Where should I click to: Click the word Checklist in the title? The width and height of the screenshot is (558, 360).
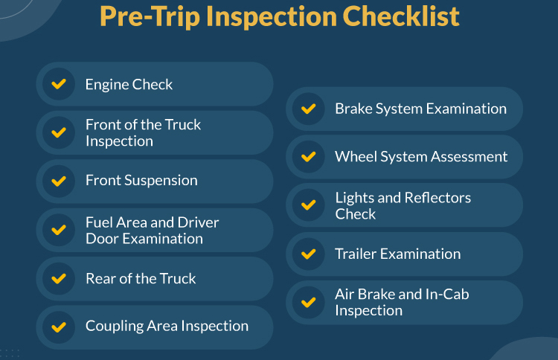point(401,16)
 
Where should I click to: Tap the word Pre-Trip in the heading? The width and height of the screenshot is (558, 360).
point(149,17)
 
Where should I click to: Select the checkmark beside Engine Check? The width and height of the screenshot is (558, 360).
point(59,84)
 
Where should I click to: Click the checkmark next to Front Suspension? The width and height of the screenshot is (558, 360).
point(59,181)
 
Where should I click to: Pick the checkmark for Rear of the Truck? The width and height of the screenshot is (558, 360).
point(59,278)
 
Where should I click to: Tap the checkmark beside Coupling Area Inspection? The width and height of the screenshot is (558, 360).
point(59,327)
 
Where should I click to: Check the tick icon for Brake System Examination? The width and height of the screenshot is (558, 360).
point(309,109)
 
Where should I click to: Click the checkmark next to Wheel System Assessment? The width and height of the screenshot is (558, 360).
point(309,156)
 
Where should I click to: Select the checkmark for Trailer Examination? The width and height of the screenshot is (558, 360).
point(309,254)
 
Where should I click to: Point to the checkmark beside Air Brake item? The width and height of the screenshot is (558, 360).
point(309,303)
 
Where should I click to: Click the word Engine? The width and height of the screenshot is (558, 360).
point(106,86)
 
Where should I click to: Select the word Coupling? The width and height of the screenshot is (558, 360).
point(114,327)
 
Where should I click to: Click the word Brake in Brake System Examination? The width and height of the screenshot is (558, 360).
point(353,109)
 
